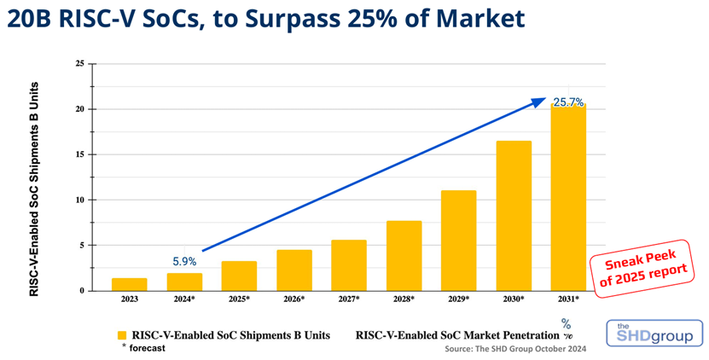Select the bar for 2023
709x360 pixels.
click(x=129, y=284)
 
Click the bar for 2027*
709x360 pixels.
click(x=349, y=265)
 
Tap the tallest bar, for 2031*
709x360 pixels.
click(x=568, y=197)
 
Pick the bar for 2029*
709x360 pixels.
click(x=459, y=241)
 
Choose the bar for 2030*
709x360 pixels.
click(x=514, y=216)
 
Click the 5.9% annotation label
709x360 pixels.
click(x=184, y=262)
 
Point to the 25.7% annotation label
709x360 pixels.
click(x=568, y=102)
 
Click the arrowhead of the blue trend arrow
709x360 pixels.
click(x=539, y=102)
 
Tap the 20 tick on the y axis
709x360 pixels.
click(x=79, y=109)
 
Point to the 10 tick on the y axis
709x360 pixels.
click(x=79, y=200)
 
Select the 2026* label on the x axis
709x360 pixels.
click(x=294, y=299)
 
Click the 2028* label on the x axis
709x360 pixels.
click(x=404, y=299)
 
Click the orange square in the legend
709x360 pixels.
click(x=122, y=334)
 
